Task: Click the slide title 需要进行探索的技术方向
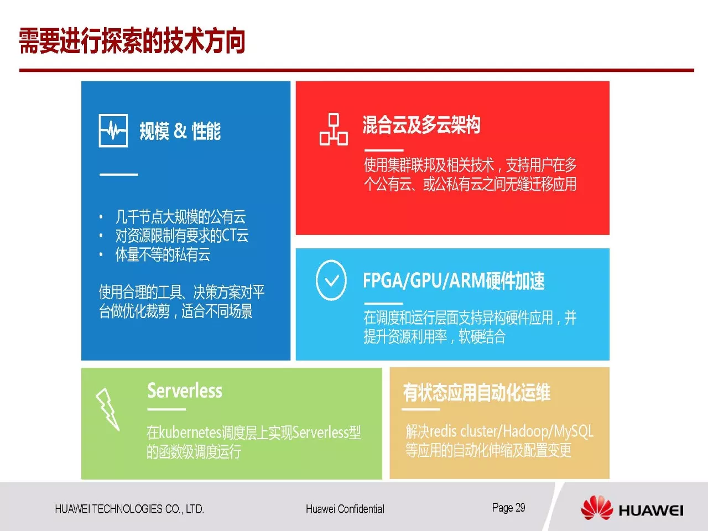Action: (132, 41)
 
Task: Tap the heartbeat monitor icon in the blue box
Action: (113, 131)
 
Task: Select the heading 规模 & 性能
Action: (180, 131)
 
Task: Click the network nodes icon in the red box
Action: (334, 129)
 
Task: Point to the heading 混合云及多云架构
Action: (421, 124)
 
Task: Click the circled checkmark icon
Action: (331, 280)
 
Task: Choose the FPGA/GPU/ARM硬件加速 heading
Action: (454, 280)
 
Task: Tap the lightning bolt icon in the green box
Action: (108, 409)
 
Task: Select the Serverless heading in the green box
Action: (185, 391)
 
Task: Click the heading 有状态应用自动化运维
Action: (477, 392)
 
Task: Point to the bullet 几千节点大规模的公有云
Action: (181, 217)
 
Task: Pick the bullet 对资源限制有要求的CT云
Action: (182, 236)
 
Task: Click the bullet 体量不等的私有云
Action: (163, 254)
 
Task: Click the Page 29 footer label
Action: (508, 508)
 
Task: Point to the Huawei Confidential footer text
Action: (345, 509)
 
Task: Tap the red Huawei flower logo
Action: (597, 508)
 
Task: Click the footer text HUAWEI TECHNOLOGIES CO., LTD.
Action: (129, 509)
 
